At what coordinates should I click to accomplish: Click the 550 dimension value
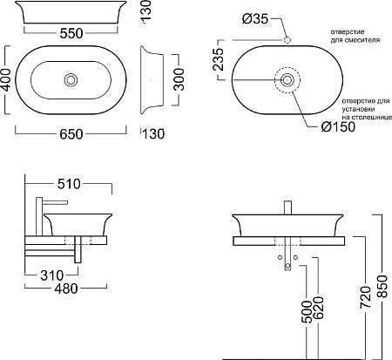point(71,33)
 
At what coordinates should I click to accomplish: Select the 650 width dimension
point(71,134)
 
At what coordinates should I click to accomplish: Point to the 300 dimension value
point(179,79)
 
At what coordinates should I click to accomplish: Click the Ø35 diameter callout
point(255,19)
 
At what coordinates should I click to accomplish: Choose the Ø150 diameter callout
point(338,126)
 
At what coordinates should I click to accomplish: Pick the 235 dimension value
point(219,59)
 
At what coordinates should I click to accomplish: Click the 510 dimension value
point(69,184)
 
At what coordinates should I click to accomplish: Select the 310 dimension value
point(52,275)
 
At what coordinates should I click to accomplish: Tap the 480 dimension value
point(66,289)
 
